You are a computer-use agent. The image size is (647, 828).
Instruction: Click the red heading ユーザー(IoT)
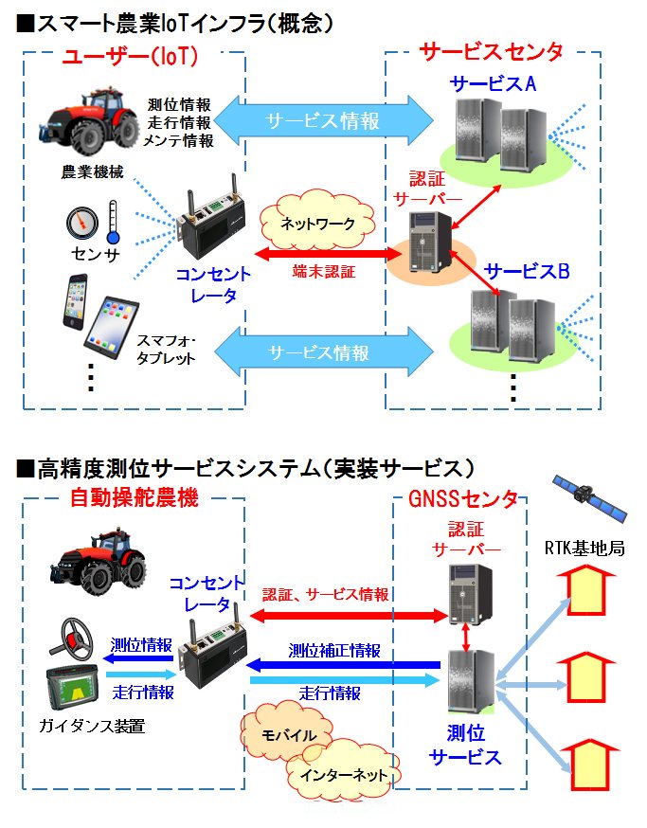pyautogui.click(x=130, y=57)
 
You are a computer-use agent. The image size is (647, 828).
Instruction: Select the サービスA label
pyautogui.click(x=494, y=83)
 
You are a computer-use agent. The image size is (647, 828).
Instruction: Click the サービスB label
pyautogui.click(x=527, y=272)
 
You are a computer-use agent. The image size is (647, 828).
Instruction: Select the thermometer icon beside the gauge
pyautogui.click(x=114, y=222)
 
